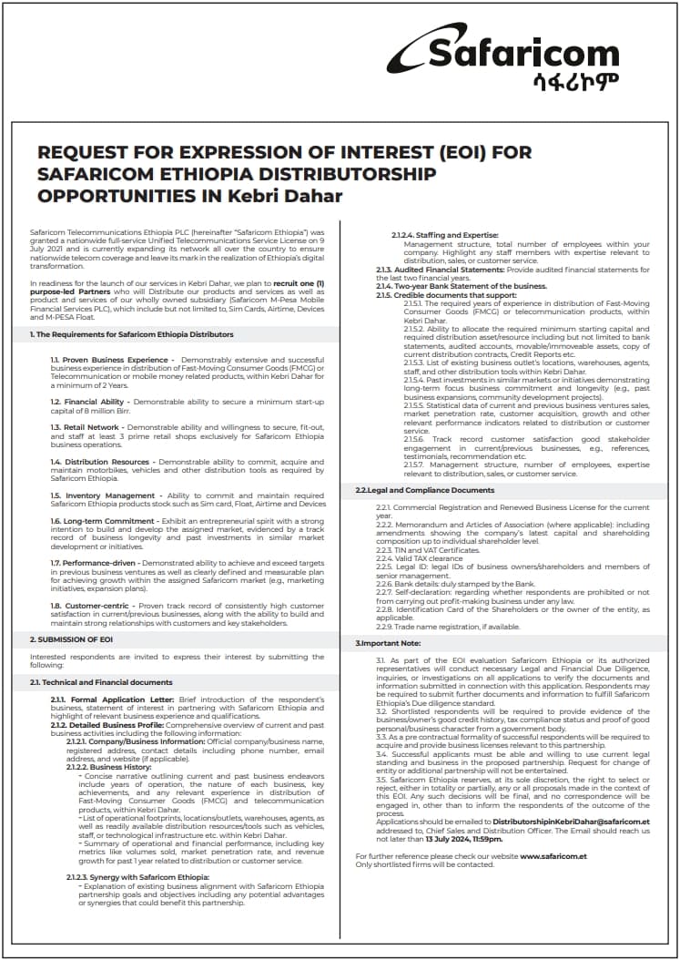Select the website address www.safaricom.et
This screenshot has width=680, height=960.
(553, 857)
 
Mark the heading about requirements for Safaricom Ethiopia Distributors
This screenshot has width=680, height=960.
(132, 334)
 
